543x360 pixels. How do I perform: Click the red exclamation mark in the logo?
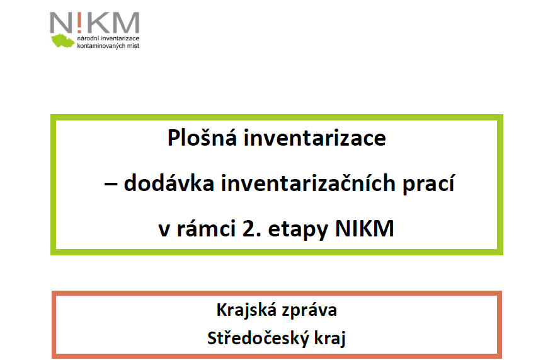click(79, 23)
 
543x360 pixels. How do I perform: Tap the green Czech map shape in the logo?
click(63, 40)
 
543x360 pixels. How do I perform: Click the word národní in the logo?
click(88, 38)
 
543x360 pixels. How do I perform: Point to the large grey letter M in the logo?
click(126, 23)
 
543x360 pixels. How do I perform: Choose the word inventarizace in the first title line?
click(315, 137)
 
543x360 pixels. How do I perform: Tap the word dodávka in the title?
click(169, 183)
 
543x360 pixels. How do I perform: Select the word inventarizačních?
click(308, 183)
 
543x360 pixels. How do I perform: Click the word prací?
click(428, 183)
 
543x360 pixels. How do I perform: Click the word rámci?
click(207, 228)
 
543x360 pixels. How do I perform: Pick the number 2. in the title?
click(252, 228)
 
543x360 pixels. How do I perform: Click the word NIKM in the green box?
click(365, 228)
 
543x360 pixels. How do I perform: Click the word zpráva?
click(309, 310)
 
